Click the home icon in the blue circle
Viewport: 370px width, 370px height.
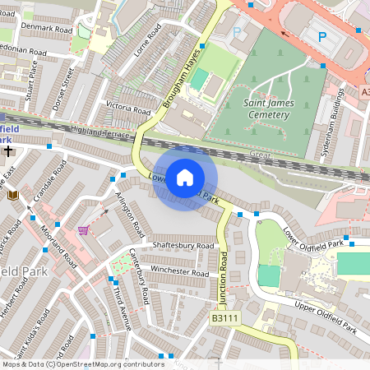pyautogui.click(x=185, y=177)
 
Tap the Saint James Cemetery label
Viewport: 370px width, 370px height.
pyautogui.click(x=266, y=109)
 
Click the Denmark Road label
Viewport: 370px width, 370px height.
pyautogui.click(x=46, y=27)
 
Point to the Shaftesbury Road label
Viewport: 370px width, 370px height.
pyautogui.click(x=183, y=245)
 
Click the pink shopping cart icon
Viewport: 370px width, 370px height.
pyautogui.click(x=82, y=229)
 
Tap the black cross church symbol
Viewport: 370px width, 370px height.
pyautogui.click(x=8, y=151)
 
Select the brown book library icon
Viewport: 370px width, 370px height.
pyautogui.click(x=12, y=194)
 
